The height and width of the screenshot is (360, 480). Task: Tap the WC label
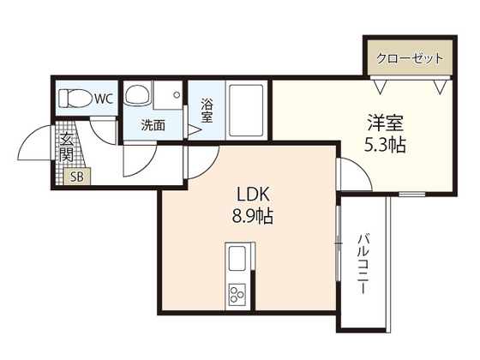tap(104, 99)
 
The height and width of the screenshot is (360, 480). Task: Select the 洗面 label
tap(154, 125)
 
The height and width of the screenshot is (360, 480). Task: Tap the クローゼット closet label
tap(409, 59)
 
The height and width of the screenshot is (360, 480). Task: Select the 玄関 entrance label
tap(66, 147)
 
